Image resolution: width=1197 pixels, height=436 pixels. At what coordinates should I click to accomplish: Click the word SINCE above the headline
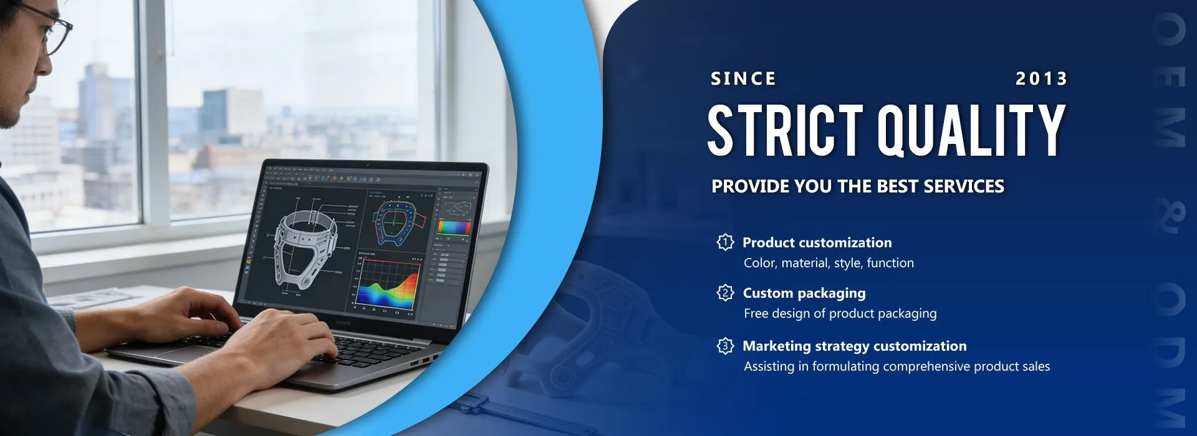click(743, 78)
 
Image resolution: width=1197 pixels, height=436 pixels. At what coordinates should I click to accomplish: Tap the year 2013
click(1042, 78)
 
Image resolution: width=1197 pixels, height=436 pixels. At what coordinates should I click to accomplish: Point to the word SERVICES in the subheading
click(964, 186)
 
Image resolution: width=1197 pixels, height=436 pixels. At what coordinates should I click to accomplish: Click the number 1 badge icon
click(725, 242)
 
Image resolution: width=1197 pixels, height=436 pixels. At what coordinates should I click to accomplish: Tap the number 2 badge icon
click(725, 292)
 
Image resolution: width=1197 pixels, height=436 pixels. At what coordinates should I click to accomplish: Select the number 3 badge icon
click(725, 345)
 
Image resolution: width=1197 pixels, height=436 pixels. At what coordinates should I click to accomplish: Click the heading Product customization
click(817, 242)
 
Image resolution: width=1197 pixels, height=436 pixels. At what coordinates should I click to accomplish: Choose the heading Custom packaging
click(804, 293)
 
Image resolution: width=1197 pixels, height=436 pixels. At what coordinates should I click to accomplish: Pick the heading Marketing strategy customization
click(855, 346)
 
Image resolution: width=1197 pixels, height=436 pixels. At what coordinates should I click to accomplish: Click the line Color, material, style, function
click(829, 263)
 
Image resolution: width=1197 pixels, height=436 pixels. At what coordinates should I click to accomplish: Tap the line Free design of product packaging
click(840, 313)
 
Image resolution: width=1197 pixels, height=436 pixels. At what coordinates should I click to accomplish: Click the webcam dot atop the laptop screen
click(367, 165)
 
